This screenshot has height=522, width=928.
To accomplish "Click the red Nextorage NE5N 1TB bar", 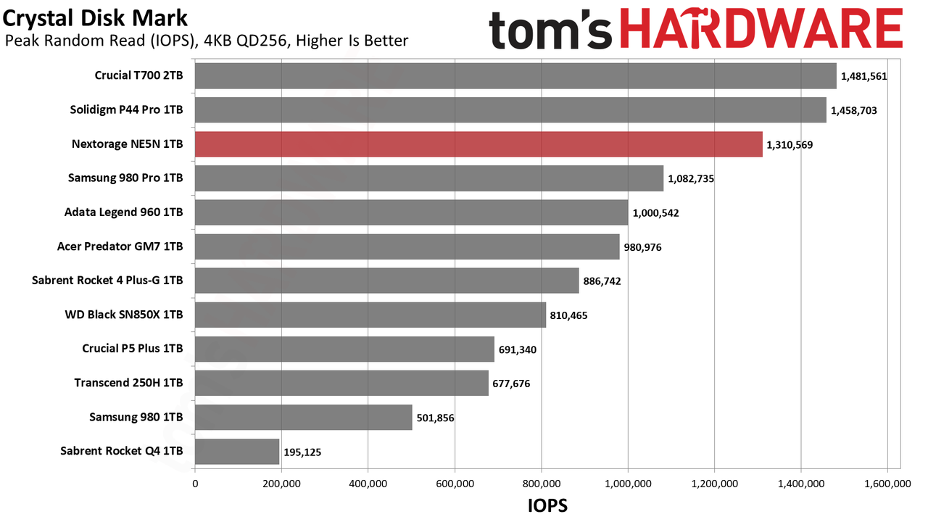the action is (x=478, y=144).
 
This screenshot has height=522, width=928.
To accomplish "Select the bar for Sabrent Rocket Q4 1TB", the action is (x=237, y=452).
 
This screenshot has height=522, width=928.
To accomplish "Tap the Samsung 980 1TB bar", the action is (x=304, y=417).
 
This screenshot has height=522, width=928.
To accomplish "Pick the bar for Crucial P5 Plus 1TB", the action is (x=344, y=349).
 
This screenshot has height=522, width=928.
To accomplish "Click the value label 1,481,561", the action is (x=863, y=76).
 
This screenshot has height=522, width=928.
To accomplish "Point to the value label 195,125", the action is (x=302, y=452).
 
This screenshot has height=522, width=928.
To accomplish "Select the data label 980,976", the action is (x=642, y=247).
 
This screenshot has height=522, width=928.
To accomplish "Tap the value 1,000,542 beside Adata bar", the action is (x=655, y=213).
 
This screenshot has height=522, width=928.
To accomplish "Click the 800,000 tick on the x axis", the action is (x=541, y=484).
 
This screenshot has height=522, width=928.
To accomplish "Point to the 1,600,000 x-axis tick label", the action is (x=887, y=484).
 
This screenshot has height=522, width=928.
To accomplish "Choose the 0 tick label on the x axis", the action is (x=195, y=484).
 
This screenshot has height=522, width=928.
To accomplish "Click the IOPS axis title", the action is (x=547, y=506).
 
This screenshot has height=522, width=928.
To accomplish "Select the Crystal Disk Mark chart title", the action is (x=95, y=18).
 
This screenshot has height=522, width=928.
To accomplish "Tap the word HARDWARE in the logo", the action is (x=761, y=28).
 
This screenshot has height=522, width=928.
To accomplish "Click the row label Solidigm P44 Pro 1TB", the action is (x=126, y=109).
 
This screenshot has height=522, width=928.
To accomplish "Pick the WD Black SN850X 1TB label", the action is (x=124, y=315).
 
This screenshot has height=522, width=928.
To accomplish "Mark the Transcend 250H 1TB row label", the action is (x=128, y=383).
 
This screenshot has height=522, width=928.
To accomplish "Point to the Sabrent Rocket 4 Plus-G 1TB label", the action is (x=107, y=281).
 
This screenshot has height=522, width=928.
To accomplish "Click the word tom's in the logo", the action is (x=550, y=30).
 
